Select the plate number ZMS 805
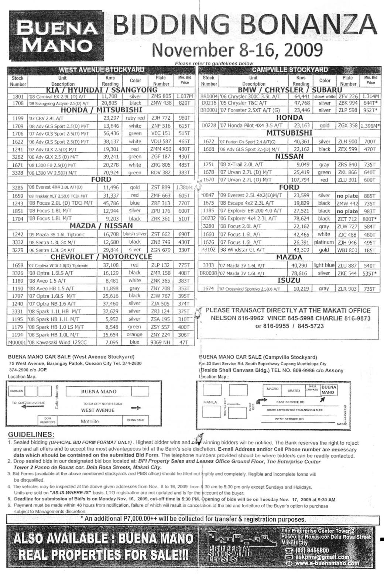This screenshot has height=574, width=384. coord(161,96)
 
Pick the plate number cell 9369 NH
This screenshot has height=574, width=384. coord(161,342)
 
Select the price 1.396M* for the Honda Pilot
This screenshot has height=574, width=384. coord(370,126)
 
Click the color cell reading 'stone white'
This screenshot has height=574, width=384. coord(325,96)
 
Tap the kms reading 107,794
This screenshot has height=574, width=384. coord(301,180)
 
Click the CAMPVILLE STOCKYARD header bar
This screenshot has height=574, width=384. coord(290,69)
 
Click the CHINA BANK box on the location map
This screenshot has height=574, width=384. coord(135,420)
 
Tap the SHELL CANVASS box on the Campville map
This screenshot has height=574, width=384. coord(312,388)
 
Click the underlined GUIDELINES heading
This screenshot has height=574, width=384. coord(31,434)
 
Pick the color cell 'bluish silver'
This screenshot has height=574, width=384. coord(135,234)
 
